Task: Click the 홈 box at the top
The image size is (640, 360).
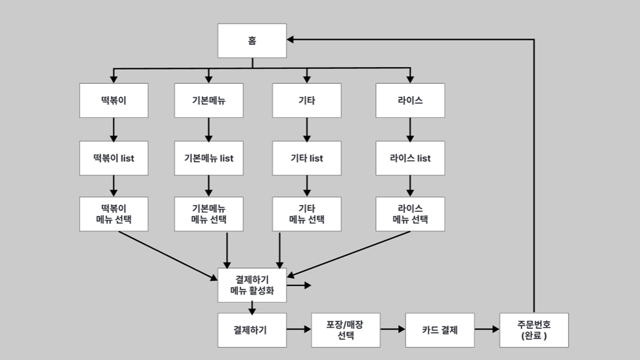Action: coord(252,41)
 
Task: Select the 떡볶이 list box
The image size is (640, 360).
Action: coord(114,158)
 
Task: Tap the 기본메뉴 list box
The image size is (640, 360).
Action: coord(209,158)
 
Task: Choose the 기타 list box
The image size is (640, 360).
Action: coord(307,158)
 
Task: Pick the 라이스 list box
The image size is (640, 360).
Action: coord(410,158)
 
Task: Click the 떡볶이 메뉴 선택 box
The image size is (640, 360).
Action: coord(114,214)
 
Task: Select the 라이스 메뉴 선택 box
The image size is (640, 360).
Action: coord(410,214)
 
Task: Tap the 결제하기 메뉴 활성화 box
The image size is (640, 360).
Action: coord(252,285)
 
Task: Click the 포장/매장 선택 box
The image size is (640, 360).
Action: coord(346,330)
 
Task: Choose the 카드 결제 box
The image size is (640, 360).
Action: coord(440,330)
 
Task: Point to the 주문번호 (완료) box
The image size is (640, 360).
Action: coord(534,330)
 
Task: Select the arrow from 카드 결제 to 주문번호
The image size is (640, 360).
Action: coord(487,329)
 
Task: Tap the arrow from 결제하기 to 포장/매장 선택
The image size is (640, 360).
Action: coord(299,329)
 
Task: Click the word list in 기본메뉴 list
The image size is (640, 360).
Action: coord(227,158)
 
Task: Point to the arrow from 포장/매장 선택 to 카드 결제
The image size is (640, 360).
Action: coord(393,329)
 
